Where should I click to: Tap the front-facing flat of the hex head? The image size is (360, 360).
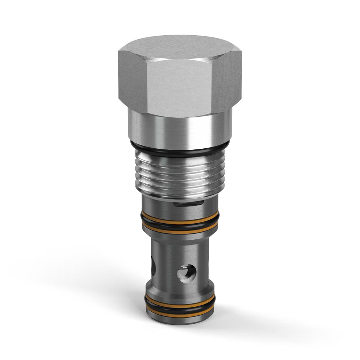coord(179,86)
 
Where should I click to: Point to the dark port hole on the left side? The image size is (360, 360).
coord(154,266)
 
